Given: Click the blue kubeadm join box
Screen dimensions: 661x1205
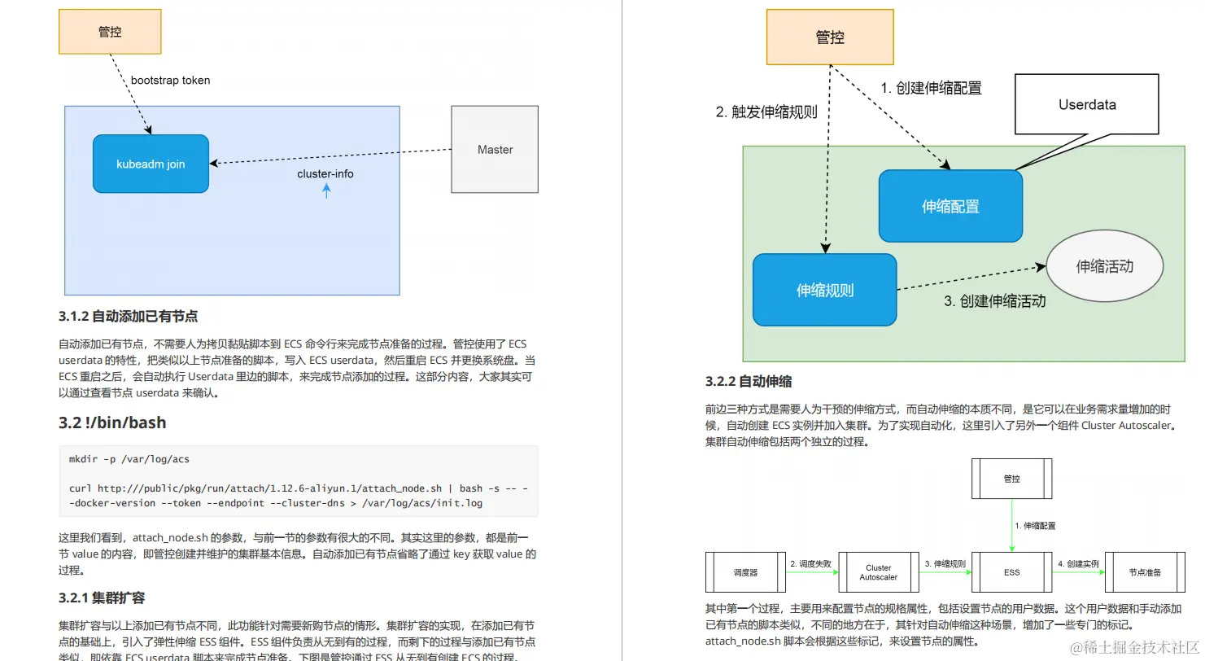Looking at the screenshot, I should coord(151,164).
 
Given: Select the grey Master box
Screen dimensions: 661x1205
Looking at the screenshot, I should coord(495,150).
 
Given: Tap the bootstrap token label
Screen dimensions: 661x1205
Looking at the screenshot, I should coord(171,81).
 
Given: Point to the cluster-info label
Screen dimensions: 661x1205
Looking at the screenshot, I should coord(325,174).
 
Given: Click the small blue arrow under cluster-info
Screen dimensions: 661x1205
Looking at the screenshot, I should coord(326,191).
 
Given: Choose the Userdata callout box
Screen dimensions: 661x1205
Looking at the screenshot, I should coord(1087,104).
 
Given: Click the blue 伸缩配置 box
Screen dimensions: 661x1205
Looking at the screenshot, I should coord(950,207).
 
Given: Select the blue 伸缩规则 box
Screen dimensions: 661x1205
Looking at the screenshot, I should coord(824,290).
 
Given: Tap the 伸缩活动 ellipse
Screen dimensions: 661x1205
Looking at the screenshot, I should coord(1104,266).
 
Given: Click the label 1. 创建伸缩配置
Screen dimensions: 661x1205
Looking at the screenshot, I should coord(931,89).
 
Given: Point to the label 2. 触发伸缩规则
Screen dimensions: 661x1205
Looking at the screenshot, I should coord(766,112).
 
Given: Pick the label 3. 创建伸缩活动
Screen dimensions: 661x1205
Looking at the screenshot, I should coord(994,301).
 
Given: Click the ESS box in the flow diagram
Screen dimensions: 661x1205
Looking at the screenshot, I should coord(1011,572).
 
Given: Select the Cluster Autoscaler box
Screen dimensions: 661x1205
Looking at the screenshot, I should coord(878,572).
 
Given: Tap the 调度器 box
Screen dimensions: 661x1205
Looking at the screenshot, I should coord(745,572).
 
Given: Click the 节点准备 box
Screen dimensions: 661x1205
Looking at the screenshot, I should coord(1145,572).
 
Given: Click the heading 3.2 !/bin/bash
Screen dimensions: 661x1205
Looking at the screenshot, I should coord(112,422).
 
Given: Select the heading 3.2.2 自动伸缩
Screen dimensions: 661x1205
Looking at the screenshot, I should coord(749,381).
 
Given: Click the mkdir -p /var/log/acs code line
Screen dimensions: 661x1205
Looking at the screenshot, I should coord(129,459).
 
